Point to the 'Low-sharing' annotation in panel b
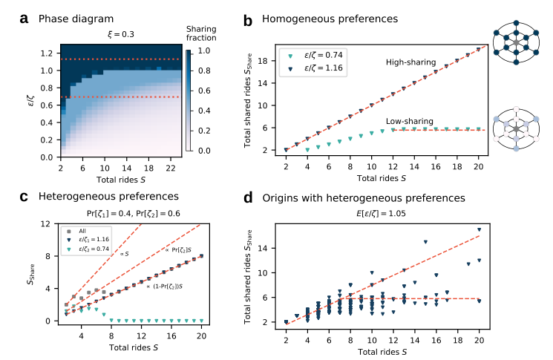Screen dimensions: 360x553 point(409,120)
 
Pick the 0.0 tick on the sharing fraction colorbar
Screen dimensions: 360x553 point(202,150)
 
